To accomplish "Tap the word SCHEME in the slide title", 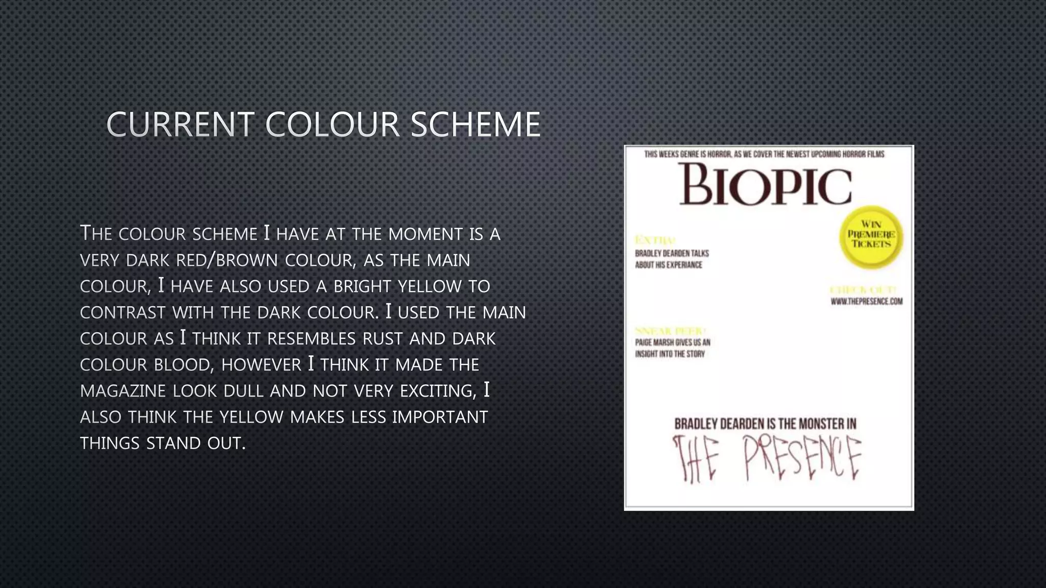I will [x=476, y=125].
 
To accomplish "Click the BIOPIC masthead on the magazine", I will [x=765, y=184].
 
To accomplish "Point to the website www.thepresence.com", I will [x=866, y=301].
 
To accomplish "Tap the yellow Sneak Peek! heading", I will [x=670, y=331].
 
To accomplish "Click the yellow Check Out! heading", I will [x=863, y=289].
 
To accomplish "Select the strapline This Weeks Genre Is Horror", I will [x=764, y=154].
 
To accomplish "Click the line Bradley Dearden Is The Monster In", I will [x=765, y=424].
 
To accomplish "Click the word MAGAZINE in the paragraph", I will [x=123, y=391].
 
